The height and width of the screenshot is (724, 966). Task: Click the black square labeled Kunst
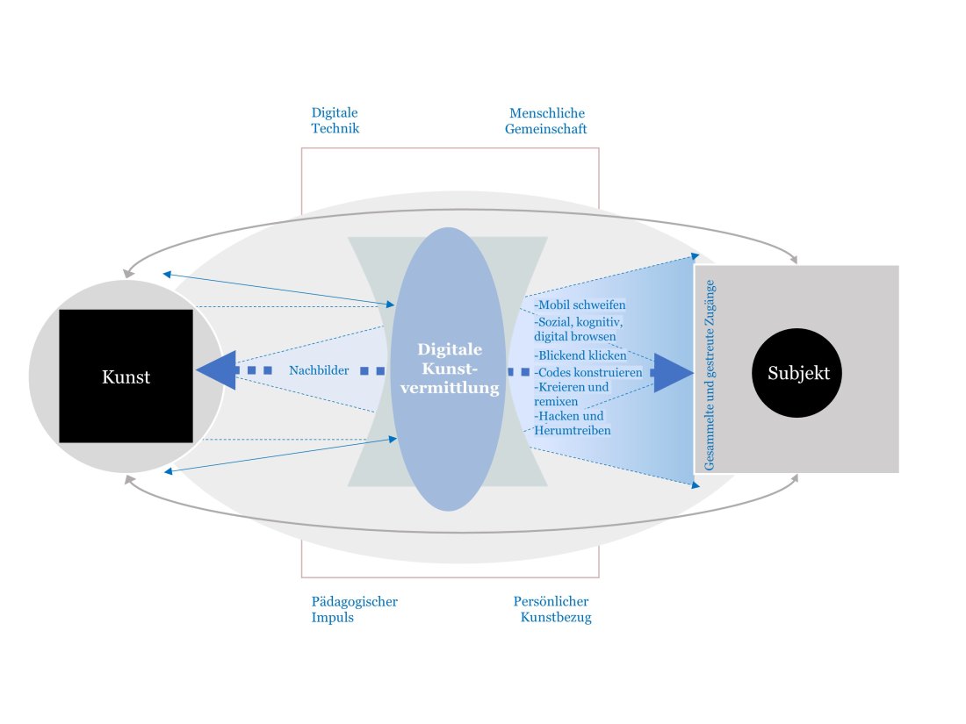126,376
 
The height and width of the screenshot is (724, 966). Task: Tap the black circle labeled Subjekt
797,373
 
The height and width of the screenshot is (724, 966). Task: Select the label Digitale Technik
335,121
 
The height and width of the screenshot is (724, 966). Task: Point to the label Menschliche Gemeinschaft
547,121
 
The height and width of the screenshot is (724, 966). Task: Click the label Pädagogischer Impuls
355,609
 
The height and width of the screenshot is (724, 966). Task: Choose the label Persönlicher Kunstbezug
551,609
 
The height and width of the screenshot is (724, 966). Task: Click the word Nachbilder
319,371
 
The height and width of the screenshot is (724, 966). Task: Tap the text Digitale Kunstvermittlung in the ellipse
449,369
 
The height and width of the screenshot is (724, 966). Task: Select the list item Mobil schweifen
580,305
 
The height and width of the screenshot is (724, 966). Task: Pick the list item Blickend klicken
581,355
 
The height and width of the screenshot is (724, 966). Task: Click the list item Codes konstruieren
588,372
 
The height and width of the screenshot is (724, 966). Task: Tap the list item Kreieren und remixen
572,393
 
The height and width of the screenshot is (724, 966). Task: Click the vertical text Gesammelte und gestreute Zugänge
710,376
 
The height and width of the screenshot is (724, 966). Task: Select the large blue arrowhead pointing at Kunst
215,371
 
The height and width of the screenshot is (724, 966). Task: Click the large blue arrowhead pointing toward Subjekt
674,372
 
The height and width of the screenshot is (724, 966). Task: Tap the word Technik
335,129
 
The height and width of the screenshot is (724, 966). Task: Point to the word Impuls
333,617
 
